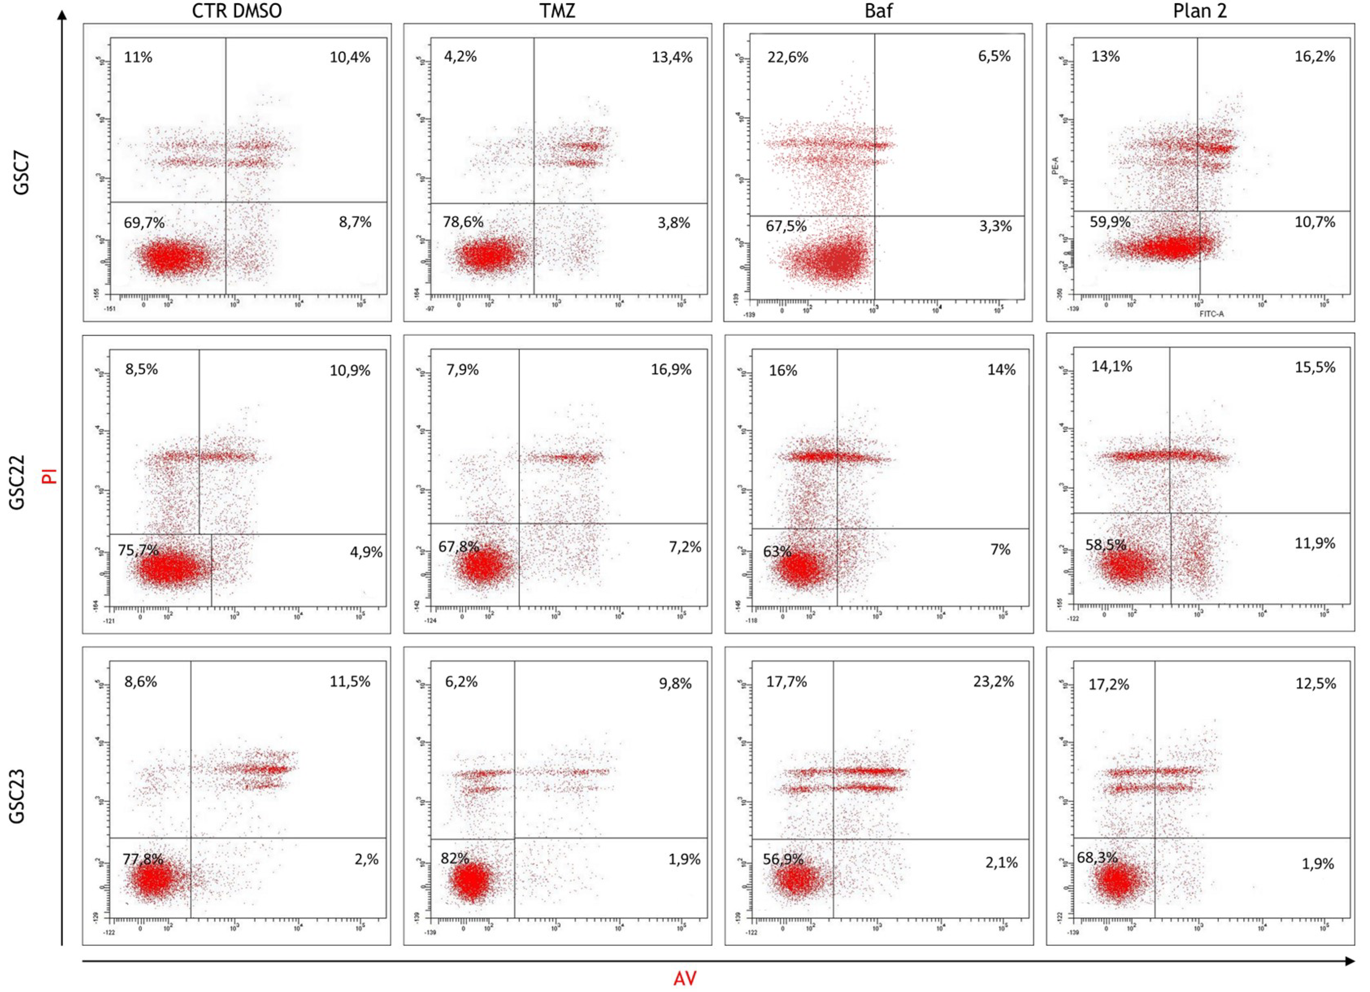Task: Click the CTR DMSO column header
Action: [237, 11]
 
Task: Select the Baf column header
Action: [879, 11]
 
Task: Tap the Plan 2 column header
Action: [1200, 11]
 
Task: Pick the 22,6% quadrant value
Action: [788, 57]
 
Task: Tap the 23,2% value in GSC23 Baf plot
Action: [993, 681]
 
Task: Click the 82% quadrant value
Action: [454, 858]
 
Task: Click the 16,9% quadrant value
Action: [671, 369]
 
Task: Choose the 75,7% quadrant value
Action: [138, 550]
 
